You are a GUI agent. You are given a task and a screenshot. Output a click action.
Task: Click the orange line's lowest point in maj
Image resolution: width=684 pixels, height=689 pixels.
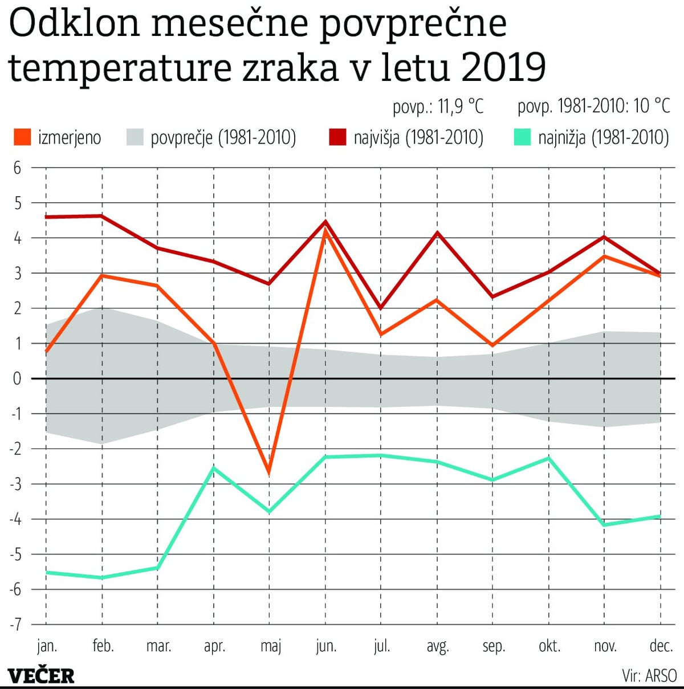(x=269, y=472)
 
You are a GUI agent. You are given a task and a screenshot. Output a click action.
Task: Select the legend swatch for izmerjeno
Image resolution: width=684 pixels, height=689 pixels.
(x=22, y=137)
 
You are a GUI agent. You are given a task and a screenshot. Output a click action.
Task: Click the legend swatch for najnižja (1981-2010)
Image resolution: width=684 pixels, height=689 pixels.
(x=522, y=137)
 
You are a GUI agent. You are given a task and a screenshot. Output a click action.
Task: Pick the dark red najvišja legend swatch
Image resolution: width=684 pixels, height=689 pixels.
(x=337, y=137)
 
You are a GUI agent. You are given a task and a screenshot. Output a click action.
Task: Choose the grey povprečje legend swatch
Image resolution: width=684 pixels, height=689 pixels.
(x=135, y=137)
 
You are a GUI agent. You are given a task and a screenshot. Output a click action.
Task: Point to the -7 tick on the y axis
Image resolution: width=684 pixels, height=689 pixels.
(x=15, y=624)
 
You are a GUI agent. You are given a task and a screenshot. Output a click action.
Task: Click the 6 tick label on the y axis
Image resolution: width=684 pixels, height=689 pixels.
(x=17, y=168)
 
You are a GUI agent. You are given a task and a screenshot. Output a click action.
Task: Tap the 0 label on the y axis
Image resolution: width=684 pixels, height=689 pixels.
(x=17, y=378)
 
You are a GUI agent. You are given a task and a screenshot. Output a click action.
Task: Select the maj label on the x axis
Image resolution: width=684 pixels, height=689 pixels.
(x=271, y=646)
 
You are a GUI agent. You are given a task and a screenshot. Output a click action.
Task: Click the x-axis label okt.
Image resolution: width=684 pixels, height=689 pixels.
(x=549, y=646)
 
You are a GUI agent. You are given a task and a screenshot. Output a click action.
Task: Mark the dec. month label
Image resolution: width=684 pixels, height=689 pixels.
(x=661, y=646)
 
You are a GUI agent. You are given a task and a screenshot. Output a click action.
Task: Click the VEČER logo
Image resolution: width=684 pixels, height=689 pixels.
(x=41, y=676)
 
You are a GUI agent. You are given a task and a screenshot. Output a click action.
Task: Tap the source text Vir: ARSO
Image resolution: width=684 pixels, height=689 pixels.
(x=649, y=676)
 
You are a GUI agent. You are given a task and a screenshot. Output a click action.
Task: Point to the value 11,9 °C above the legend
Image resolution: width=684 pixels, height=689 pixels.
(x=461, y=106)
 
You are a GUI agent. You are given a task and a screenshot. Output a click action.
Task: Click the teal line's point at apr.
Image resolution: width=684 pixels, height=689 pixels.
(x=214, y=468)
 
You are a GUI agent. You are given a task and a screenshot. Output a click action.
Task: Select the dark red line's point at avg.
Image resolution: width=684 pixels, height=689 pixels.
(x=437, y=233)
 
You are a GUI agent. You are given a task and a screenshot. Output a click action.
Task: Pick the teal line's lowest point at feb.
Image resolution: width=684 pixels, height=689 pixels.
(x=102, y=577)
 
